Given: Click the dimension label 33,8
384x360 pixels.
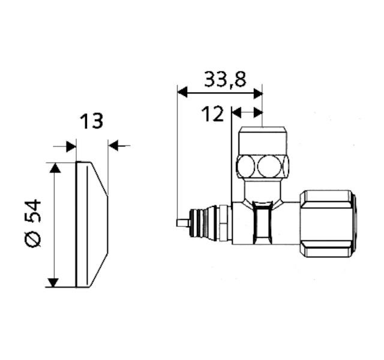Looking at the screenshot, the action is pyautogui.click(x=225, y=80).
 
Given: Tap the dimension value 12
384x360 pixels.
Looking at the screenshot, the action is pyautogui.click(x=212, y=114).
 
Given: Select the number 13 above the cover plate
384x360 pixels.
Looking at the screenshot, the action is pyautogui.click(x=91, y=121).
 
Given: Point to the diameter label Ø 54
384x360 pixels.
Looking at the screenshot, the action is pyautogui.click(x=32, y=223).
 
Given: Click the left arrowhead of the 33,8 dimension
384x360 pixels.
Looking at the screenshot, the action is pyautogui.click(x=182, y=92).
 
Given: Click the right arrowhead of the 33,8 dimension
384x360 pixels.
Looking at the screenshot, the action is pyautogui.click(x=258, y=94).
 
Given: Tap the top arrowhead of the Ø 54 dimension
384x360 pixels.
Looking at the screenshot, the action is pyautogui.click(x=55, y=168).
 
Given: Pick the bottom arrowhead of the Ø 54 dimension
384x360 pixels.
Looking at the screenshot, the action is pyautogui.click(x=53, y=283).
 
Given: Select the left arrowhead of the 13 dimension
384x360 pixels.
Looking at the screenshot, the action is pyautogui.click(x=71, y=146).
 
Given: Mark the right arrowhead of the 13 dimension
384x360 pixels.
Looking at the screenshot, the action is pyautogui.click(x=114, y=145).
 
